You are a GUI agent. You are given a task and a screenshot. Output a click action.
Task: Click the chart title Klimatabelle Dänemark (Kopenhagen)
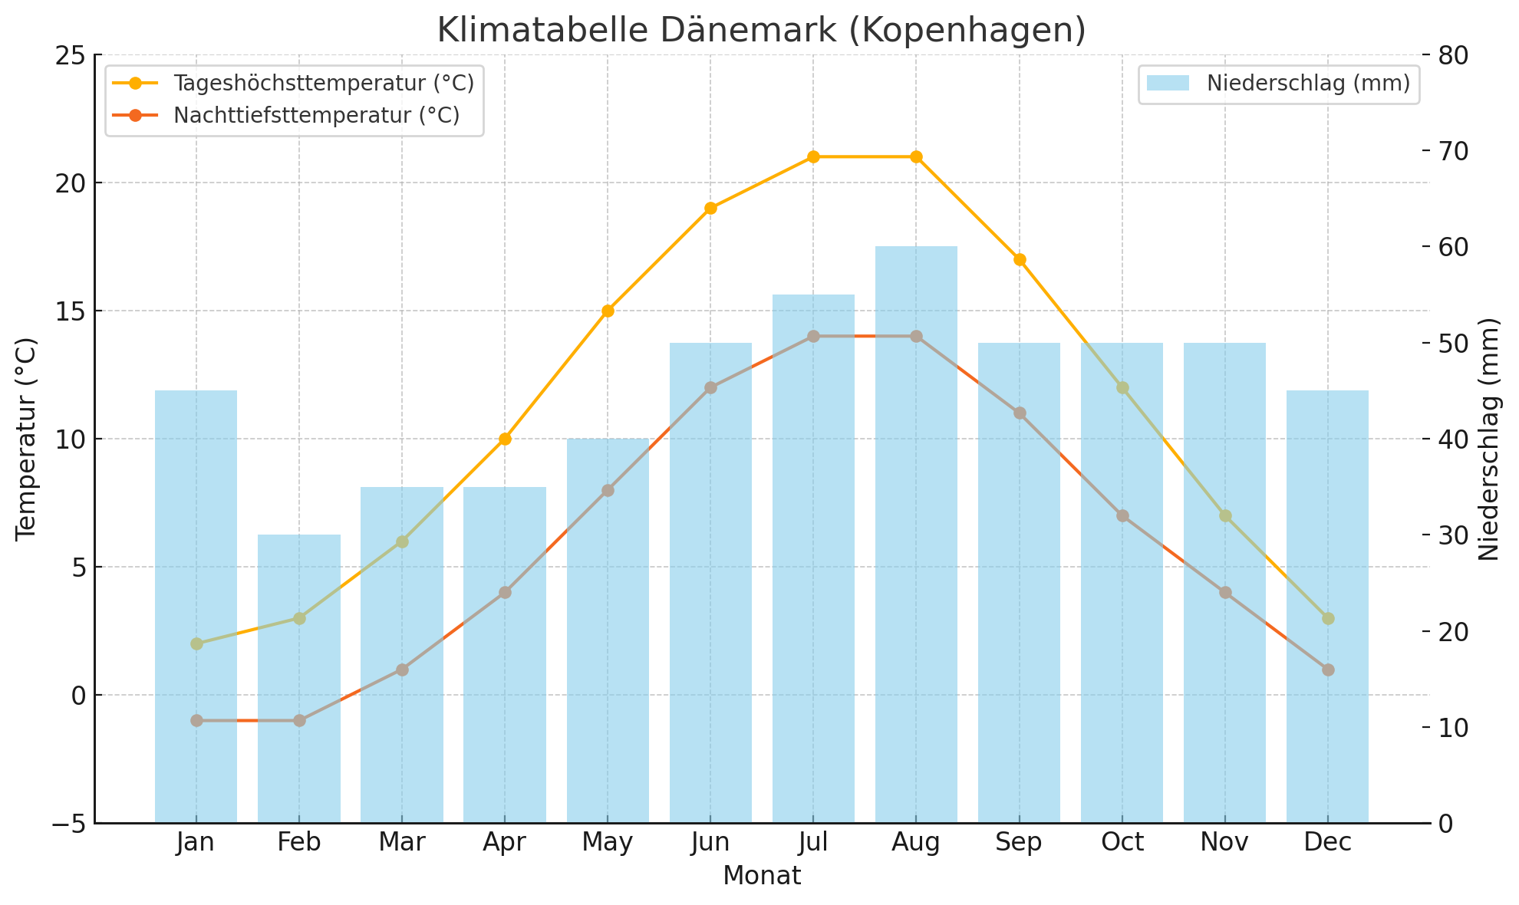click(761, 31)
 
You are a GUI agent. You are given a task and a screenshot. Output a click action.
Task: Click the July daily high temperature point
click(813, 157)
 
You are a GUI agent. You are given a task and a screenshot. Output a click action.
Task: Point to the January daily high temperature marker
click(196, 643)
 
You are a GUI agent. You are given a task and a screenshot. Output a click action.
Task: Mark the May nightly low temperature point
click(608, 490)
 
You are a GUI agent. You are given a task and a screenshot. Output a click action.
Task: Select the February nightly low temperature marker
click(299, 720)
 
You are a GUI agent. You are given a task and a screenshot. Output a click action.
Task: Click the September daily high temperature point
click(1019, 259)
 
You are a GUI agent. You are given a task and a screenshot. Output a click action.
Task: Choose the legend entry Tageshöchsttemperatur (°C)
click(323, 83)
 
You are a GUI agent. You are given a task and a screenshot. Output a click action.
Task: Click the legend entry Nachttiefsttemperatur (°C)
click(316, 115)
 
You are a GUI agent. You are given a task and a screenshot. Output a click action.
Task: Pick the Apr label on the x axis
click(505, 842)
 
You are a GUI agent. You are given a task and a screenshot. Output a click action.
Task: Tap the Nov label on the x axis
click(1224, 842)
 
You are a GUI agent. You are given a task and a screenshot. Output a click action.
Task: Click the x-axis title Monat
click(761, 875)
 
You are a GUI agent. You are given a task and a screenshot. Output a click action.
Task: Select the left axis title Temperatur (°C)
click(26, 439)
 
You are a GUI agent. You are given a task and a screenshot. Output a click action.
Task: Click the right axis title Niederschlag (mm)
click(1488, 439)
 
